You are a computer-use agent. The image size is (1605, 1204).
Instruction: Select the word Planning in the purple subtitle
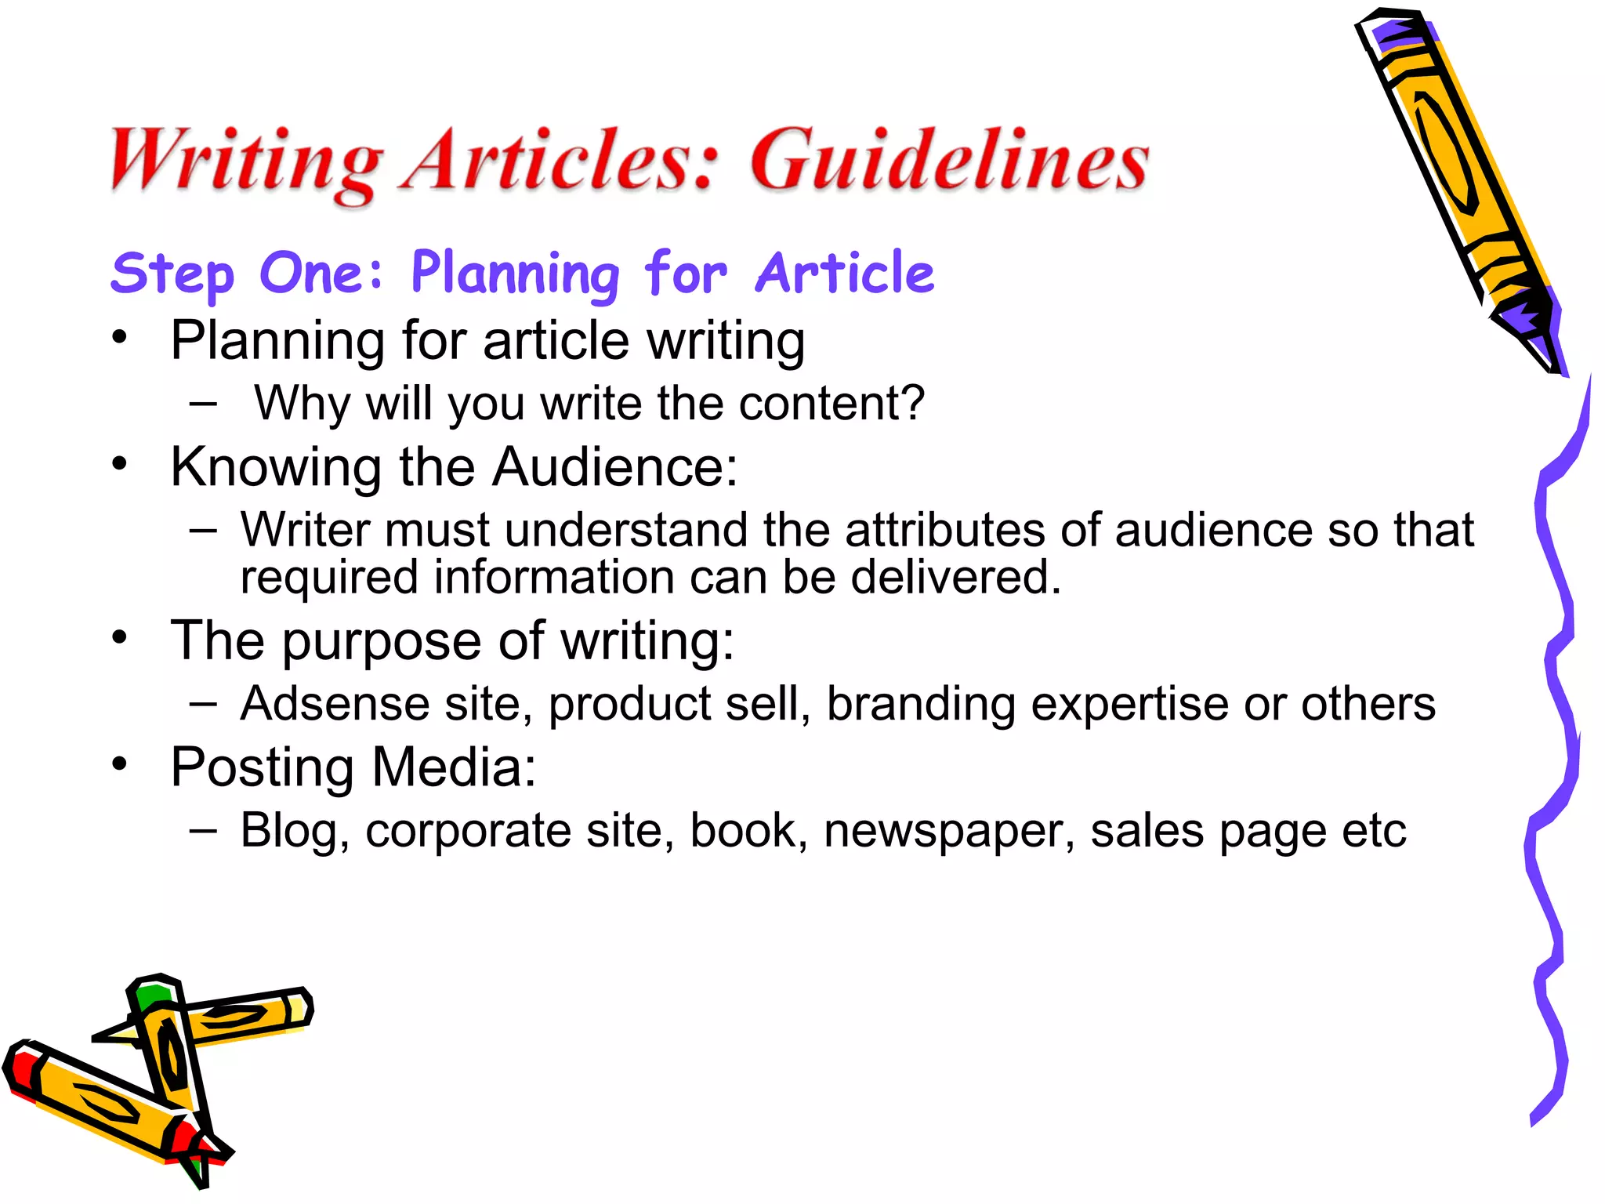click(x=515, y=274)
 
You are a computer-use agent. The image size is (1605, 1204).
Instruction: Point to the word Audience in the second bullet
click(x=614, y=467)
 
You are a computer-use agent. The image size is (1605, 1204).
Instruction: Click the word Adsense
click(x=335, y=703)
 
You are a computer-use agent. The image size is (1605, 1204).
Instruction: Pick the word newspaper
click(x=949, y=831)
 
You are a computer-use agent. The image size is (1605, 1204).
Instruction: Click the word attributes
click(x=944, y=530)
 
